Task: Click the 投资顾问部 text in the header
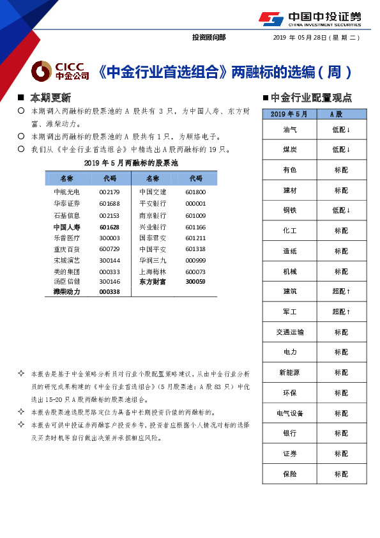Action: [209, 38]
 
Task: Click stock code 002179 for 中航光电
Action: [109, 192]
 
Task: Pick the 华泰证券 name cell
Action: [66, 203]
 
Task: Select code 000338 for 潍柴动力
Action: [109, 291]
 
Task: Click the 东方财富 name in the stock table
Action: [153, 281]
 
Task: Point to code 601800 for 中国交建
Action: [195, 192]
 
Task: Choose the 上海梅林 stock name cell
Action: [153, 271]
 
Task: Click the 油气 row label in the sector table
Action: [289, 129]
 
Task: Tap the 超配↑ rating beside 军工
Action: [341, 312]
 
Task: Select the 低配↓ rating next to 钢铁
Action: [341, 210]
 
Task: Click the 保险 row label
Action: [289, 474]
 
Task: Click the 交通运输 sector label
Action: [289, 332]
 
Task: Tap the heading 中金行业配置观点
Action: [310, 98]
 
